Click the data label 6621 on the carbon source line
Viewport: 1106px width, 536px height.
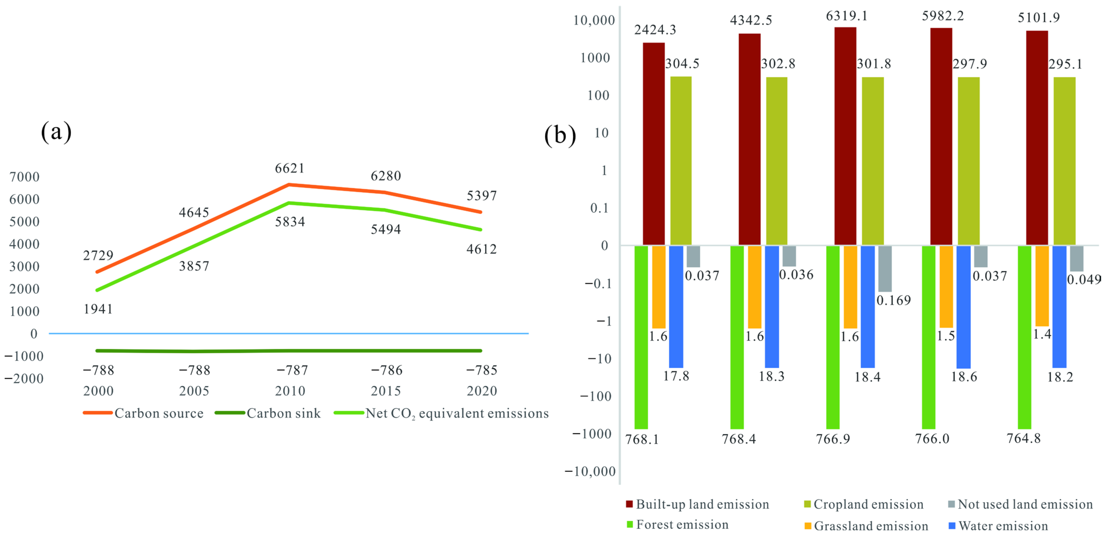290,168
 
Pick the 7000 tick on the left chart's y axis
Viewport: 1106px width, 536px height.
25,177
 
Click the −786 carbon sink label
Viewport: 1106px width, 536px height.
386,370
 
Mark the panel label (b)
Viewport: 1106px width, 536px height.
560,135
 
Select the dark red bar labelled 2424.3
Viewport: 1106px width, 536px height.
653,144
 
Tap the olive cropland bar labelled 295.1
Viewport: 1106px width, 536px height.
1064,161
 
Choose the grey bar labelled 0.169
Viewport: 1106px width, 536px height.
885,269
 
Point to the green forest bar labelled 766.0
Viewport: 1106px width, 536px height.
929,337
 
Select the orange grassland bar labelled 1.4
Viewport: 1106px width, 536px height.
1042,286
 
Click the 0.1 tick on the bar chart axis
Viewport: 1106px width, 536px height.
599,208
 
